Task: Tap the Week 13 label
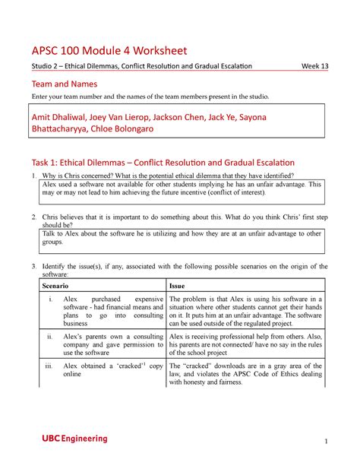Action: (x=314, y=66)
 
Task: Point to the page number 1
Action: (x=324, y=442)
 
